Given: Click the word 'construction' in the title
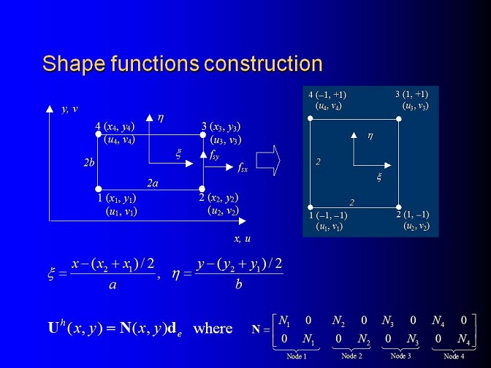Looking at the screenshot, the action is (x=263, y=64).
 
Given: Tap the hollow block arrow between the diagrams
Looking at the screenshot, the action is (x=268, y=161).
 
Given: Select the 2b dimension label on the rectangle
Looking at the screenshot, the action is (x=89, y=162).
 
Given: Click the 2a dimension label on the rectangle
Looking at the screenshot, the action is (x=153, y=183).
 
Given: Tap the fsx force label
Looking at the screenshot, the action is (x=243, y=168).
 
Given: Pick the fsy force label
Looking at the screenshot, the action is (x=215, y=155).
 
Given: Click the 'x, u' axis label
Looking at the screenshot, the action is (x=243, y=239).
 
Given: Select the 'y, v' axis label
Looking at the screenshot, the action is (x=69, y=110).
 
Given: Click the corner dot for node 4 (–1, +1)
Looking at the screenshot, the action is (x=311, y=118).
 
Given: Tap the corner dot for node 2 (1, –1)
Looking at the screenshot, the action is (x=399, y=207).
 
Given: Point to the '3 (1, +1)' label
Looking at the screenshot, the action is (x=411, y=94).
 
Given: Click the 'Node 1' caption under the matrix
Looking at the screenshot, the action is (x=296, y=356).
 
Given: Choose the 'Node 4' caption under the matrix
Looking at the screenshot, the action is (x=454, y=356).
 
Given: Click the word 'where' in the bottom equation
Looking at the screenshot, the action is (x=213, y=329).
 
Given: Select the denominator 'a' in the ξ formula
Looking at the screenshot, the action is (x=113, y=285).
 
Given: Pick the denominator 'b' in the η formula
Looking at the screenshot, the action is (x=239, y=284).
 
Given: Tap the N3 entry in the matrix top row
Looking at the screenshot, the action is (x=387, y=320).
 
